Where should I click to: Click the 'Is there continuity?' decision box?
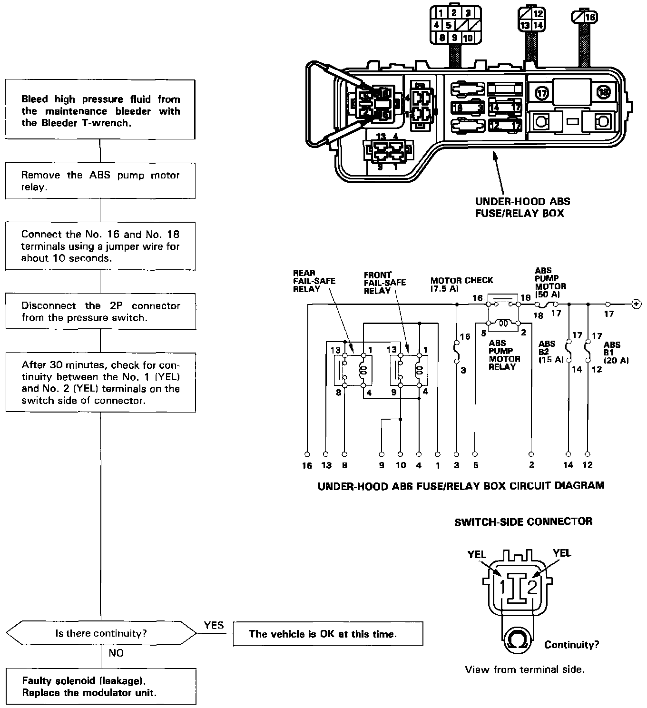click(x=100, y=633)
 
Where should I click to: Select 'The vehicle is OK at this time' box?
click(x=328, y=634)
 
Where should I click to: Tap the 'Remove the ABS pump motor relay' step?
click(x=100, y=181)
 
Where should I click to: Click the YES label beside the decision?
click(x=214, y=625)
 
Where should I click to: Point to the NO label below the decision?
click(x=116, y=653)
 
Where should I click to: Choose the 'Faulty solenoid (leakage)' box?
click(x=100, y=686)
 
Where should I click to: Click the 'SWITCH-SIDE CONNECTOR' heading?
click(x=523, y=521)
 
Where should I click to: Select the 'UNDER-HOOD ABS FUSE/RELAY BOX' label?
click(x=522, y=207)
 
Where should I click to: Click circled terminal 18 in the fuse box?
click(x=603, y=92)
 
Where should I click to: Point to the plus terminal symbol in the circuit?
click(x=636, y=304)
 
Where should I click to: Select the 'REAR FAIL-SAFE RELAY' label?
click(x=314, y=281)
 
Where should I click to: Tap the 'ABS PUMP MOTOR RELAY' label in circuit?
click(x=504, y=355)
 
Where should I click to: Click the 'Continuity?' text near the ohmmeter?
click(x=571, y=645)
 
